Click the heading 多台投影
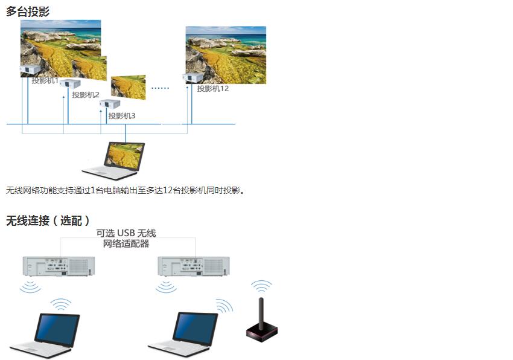click(28, 11)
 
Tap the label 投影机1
click(45, 80)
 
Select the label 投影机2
click(85, 95)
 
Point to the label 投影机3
click(122, 115)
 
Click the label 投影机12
click(212, 88)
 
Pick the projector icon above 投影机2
click(70, 83)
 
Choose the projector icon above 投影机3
click(110, 104)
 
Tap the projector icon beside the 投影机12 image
click(193, 78)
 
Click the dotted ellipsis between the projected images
click(161, 88)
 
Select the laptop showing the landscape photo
click(114, 161)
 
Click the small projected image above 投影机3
click(128, 88)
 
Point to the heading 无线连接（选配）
click(48, 220)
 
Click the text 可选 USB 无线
click(126, 233)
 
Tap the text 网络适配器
click(126, 243)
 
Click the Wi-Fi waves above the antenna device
click(261, 286)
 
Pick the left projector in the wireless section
click(59, 266)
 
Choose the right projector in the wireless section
click(194, 266)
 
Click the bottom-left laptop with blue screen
click(45, 335)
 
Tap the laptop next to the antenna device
click(183, 334)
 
